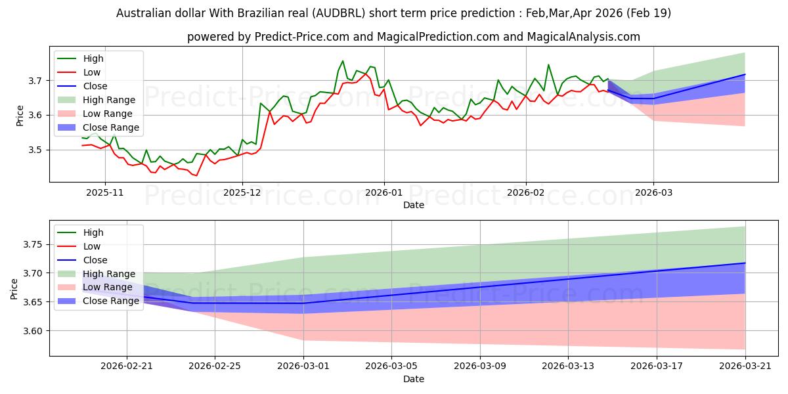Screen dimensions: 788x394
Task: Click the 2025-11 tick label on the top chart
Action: click(x=105, y=192)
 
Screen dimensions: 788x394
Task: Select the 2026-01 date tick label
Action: click(x=383, y=192)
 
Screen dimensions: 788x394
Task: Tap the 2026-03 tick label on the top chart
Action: click(x=653, y=192)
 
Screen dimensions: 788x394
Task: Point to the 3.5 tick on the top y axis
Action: click(x=35, y=150)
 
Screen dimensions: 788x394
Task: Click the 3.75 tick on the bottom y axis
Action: click(x=32, y=244)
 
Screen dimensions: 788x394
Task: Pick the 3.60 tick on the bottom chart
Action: click(x=32, y=331)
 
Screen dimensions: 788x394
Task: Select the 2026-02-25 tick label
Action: click(x=215, y=366)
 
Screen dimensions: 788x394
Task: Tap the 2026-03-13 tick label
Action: click(x=568, y=366)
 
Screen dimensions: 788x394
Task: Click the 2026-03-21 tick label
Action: click(x=745, y=366)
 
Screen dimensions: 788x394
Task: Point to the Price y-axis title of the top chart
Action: click(x=20, y=116)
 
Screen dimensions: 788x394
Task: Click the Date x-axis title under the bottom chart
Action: click(x=413, y=379)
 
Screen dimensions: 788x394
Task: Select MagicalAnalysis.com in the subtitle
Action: click(x=583, y=37)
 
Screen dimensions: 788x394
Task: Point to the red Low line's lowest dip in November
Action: click(x=196, y=175)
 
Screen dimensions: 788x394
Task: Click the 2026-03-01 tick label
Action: click(x=303, y=366)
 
